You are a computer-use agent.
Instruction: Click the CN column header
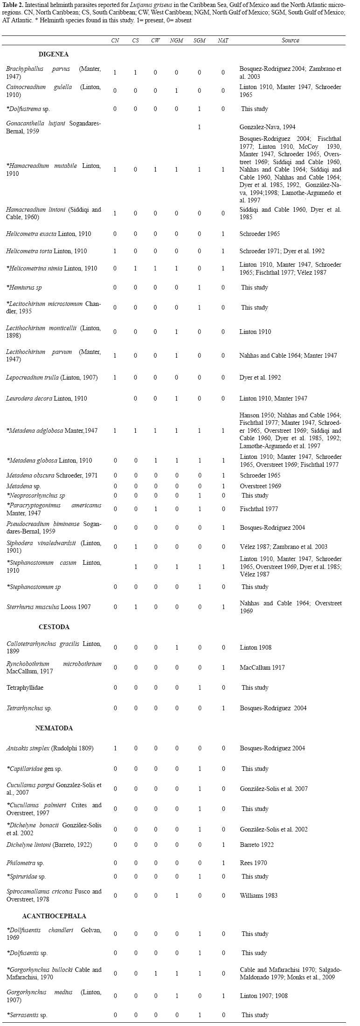(115, 41)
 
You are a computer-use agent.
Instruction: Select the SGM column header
(199, 41)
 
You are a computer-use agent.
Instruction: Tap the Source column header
(290, 41)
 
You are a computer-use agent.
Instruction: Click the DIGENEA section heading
(54, 55)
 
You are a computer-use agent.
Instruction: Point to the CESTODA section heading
(54, 627)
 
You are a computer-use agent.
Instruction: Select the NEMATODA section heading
(54, 728)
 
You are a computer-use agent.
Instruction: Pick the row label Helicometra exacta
(48, 234)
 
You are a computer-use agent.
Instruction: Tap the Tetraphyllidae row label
(25, 687)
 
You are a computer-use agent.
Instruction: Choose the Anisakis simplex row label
(50, 748)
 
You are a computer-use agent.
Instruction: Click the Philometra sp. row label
(25, 863)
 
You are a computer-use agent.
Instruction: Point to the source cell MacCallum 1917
(262, 667)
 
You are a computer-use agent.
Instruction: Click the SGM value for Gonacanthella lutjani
(199, 127)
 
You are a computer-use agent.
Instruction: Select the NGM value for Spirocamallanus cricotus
(177, 895)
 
